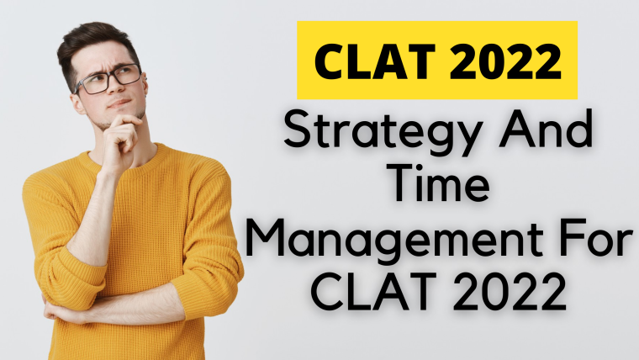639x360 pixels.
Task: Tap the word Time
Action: coord(441,183)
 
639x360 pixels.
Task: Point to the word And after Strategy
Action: coord(546,128)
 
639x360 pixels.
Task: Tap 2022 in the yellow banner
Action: coord(506,61)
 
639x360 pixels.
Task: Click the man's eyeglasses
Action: coord(108,80)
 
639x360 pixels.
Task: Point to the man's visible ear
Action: coord(77,103)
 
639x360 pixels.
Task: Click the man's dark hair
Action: coord(94,45)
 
